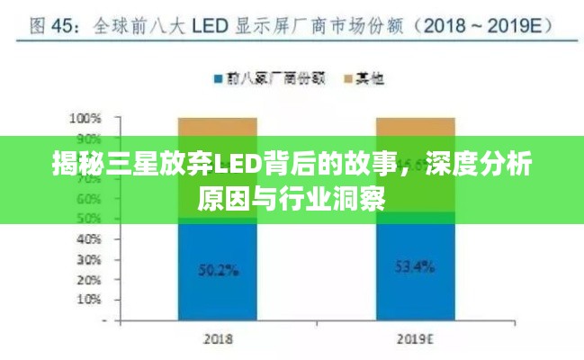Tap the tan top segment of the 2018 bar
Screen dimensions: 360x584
[x=217, y=125]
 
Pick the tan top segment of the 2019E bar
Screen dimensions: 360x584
[x=415, y=125]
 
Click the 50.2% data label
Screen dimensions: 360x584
[x=217, y=267]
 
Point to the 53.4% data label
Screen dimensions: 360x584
[x=415, y=267]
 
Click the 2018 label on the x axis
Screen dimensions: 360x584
[x=217, y=340]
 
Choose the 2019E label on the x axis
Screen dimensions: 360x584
[x=415, y=340]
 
